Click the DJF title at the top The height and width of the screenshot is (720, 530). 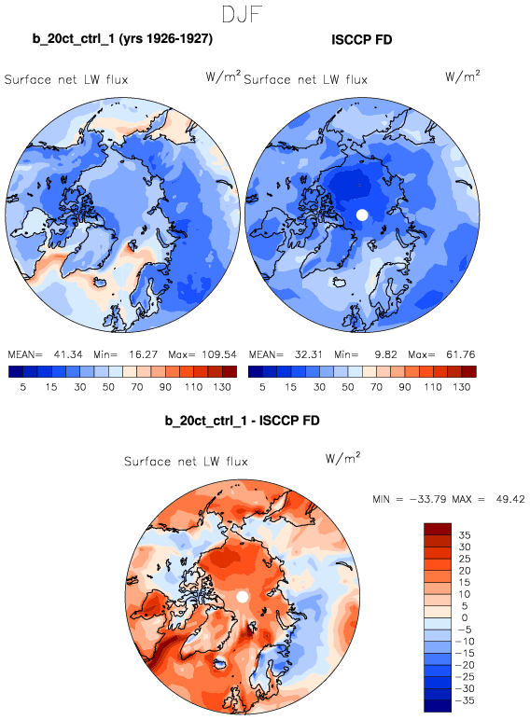pyautogui.click(x=242, y=14)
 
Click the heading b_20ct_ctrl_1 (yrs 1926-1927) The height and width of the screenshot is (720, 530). pyautogui.click(x=122, y=38)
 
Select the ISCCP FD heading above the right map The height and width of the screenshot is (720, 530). pyautogui.click(x=362, y=40)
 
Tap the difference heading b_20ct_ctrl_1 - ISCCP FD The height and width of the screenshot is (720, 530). pyautogui.click(x=242, y=421)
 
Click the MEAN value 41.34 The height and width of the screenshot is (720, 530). pyautogui.click(x=68, y=354)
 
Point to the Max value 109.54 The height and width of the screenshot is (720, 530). pyautogui.click(x=219, y=354)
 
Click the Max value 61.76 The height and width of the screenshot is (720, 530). pyautogui.click(x=461, y=354)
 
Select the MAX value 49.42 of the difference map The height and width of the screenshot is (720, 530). pyautogui.click(x=510, y=499)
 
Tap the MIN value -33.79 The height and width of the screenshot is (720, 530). pyautogui.click(x=427, y=499)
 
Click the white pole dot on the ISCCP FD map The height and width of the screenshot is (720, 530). pyautogui.click(x=362, y=215)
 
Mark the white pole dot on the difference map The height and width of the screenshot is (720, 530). pyautogui.click(x=243, y=597)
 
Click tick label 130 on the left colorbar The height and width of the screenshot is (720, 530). pyautogui.click(x=222, y=387)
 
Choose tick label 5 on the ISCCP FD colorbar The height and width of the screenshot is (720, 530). pyautogui.click(x=262, y=387)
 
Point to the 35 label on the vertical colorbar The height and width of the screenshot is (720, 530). pyautogui.click(x=465, y=535)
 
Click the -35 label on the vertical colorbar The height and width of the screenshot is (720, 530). pyautogui.click(x=465, y=700)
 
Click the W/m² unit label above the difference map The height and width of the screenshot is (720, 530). pyautogui.click(x=343, y=458)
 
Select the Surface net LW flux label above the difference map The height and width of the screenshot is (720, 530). pyautogui.click(x=186, y=461)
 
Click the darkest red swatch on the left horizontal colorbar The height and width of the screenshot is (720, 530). pyautogui.click(x=230, y=371)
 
